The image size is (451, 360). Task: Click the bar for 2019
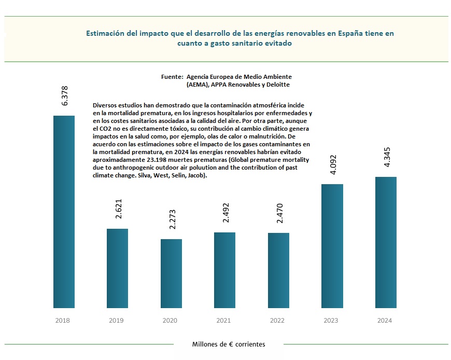(117, 268)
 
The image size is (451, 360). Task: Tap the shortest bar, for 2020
(171, 273)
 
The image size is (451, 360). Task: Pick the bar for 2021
(224, 270)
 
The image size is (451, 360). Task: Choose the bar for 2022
(278, 270)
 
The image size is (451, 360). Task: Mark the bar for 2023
(332, 246)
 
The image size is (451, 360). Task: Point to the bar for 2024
(386, 242)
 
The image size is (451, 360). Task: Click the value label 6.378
(65, 96)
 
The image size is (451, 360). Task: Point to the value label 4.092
(333, 164)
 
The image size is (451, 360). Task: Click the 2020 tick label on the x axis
(171, 321)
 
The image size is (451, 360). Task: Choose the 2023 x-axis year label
(331, 321)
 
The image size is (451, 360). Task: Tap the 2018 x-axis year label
(63, 321)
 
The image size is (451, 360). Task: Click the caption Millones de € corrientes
(228, 344)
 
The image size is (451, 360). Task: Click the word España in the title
(351, 33)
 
